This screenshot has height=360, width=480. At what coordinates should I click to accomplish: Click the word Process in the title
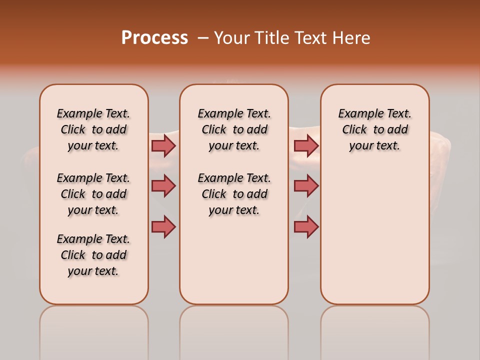pos(154,38)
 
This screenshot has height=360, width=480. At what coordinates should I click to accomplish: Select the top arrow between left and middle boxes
pos(163,145)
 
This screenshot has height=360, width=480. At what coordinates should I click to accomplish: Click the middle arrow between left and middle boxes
pos(163,186)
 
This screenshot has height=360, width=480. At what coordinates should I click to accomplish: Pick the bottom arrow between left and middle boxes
pos(163,226)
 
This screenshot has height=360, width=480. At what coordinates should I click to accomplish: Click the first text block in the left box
pos(93,129)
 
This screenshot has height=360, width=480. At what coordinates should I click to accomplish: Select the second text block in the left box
pos(93,194)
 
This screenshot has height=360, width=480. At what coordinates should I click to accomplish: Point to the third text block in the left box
pos(93,255)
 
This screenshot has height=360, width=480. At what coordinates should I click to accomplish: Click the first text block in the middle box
pos(234,129)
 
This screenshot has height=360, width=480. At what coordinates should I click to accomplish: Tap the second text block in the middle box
pos(234,194)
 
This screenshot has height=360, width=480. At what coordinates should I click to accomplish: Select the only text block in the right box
pos(374,129)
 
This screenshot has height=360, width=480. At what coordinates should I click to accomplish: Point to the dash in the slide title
pos(203,38)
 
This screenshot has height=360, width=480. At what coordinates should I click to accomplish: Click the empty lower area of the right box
pos(374,240)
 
